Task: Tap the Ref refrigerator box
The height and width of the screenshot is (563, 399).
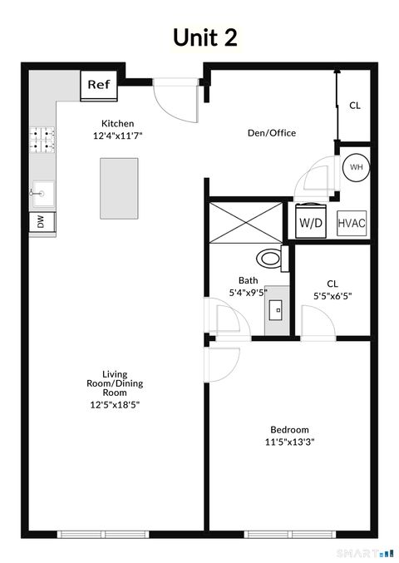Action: point(99,85)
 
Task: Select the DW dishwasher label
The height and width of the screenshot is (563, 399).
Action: point(40,221)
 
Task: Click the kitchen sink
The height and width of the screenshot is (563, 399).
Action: point(41,193)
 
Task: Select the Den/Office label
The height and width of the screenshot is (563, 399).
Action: point(272,133)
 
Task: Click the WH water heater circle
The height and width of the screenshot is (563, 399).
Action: point(357,167)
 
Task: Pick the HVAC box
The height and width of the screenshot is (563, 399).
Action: point(352,223)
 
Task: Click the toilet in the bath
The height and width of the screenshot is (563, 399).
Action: point(271,256)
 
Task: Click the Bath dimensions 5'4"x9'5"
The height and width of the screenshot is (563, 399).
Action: point(249,293)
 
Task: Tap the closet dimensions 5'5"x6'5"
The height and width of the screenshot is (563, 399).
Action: point(332,294)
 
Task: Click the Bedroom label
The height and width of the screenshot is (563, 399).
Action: point(288,430)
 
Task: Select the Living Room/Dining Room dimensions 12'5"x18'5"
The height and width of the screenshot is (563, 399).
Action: point(115,405)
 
